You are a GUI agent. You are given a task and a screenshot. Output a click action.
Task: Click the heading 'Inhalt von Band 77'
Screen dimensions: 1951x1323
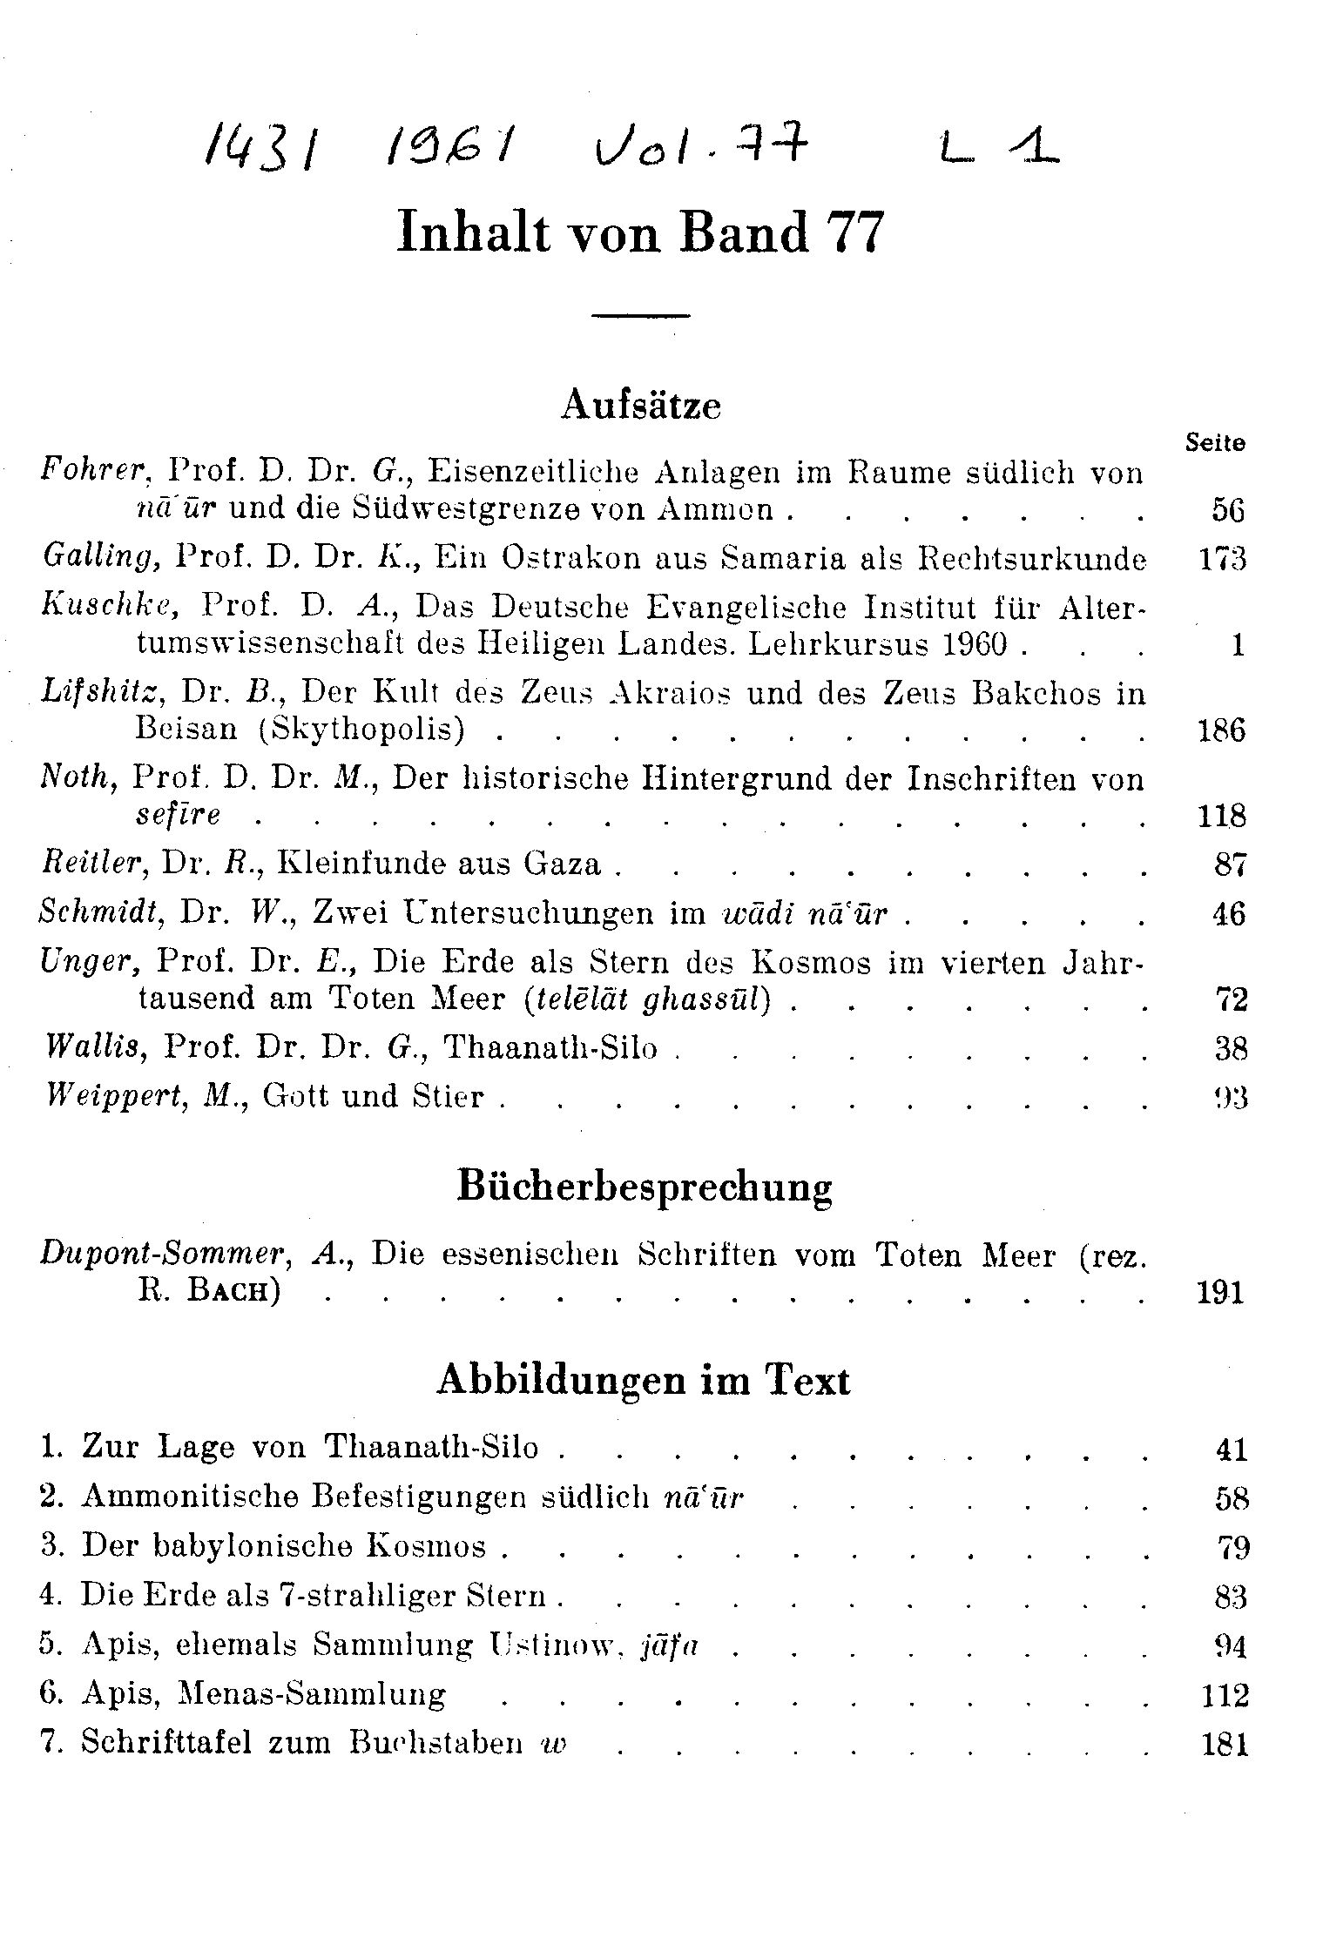coord(640,233)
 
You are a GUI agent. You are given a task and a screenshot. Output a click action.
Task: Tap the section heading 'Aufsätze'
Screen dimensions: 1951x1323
coord(641,406)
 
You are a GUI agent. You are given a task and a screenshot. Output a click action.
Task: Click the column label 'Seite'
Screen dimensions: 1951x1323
coord(1215,443)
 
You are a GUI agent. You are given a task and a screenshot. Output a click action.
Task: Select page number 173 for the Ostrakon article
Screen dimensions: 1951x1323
coord(1222,558)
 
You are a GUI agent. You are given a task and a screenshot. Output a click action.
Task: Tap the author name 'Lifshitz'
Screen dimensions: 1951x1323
coord(101,693)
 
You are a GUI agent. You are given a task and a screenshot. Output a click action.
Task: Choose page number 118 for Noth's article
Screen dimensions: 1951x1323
coord(1221,816)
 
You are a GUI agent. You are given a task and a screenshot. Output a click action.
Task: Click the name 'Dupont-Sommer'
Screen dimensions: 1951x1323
coord(164,1255)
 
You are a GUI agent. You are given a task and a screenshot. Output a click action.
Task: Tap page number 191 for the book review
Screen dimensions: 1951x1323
coord(1221,1292)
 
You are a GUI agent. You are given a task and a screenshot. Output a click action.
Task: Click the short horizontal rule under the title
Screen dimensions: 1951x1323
coord(640,314)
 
